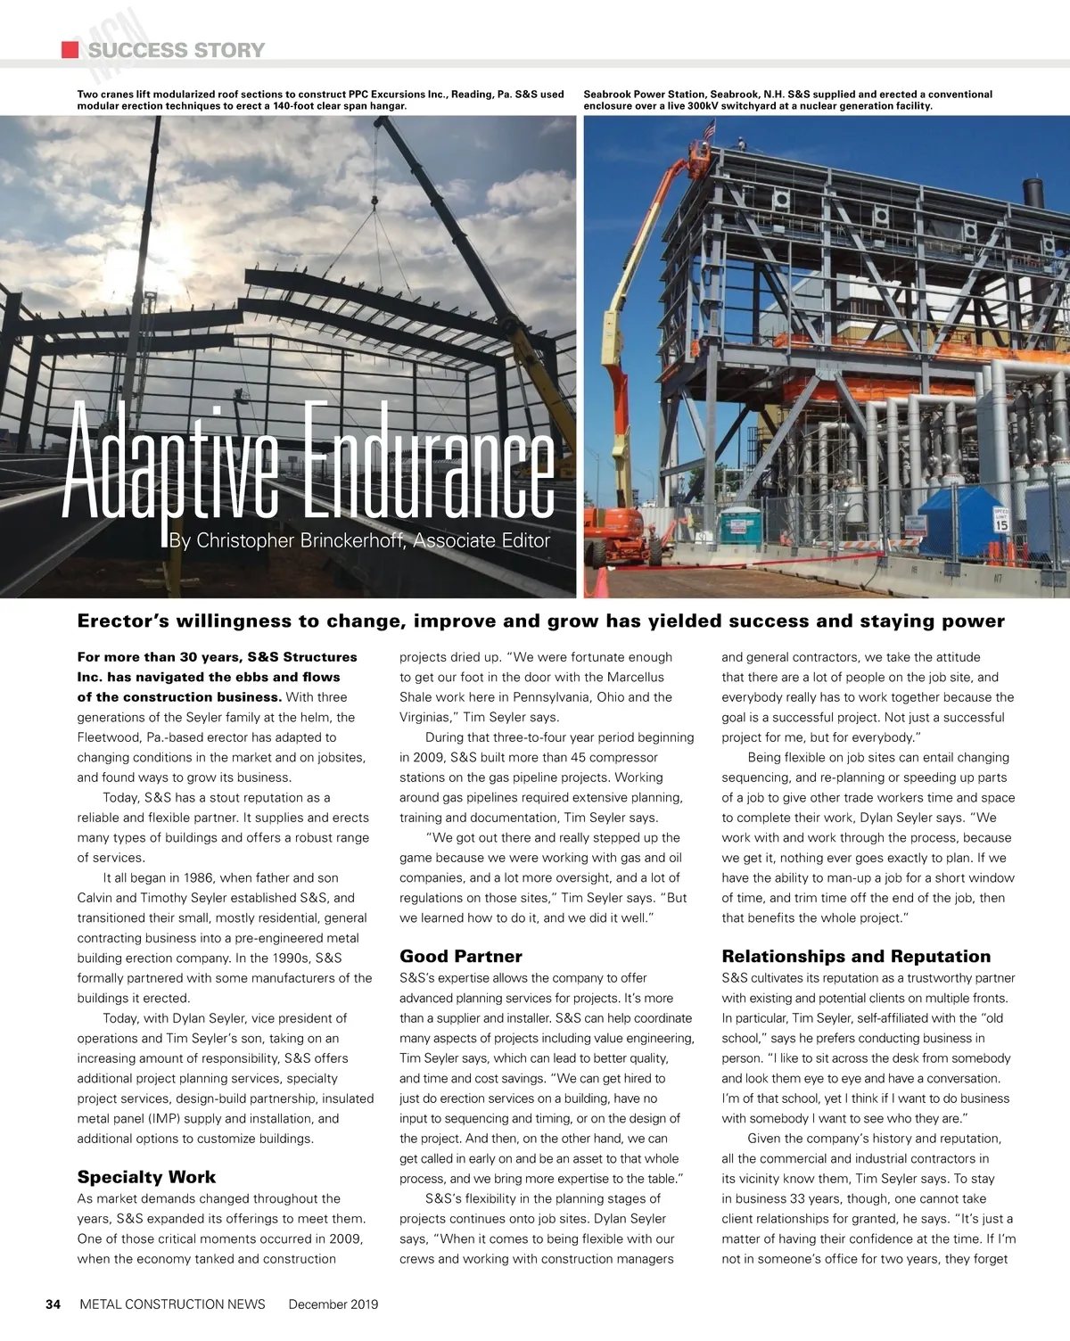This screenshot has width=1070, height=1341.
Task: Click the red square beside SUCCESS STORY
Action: point(70,50)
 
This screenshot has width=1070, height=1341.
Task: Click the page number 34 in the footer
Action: point(53,1304)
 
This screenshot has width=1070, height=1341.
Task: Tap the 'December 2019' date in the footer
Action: point(333,1304)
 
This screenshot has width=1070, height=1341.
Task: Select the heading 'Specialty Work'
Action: point(146,1177)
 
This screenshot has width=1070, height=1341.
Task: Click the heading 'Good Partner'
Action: point(460,957)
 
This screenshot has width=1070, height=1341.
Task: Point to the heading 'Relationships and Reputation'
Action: point(856,957)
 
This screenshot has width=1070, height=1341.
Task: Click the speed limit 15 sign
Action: point(1000,520)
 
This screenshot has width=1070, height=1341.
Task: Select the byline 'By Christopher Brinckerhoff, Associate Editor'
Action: point(359,540)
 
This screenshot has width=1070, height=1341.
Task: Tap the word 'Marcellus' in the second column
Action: point(636,678)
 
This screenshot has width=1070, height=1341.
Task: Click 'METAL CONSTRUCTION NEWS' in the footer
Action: point(172,1304)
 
